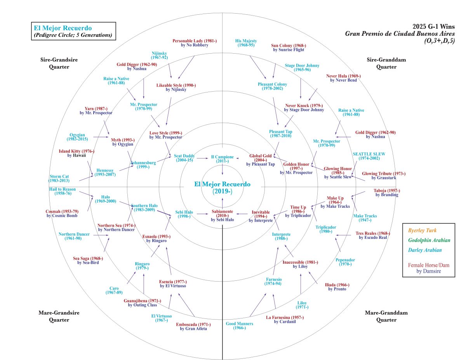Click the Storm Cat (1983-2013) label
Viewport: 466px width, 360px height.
[59, 178]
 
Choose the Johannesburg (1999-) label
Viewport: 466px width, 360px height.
[143, 165]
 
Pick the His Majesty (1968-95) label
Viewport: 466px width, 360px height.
[246, 43]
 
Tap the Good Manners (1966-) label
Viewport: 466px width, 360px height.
[240, 325]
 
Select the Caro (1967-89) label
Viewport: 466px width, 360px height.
[113, 290]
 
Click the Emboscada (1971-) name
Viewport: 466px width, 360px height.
[193, 326]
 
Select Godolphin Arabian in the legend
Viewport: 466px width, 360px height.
[428, 240]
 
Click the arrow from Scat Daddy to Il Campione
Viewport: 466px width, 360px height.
[203, 158]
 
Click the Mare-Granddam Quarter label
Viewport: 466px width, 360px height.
[381, 316]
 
